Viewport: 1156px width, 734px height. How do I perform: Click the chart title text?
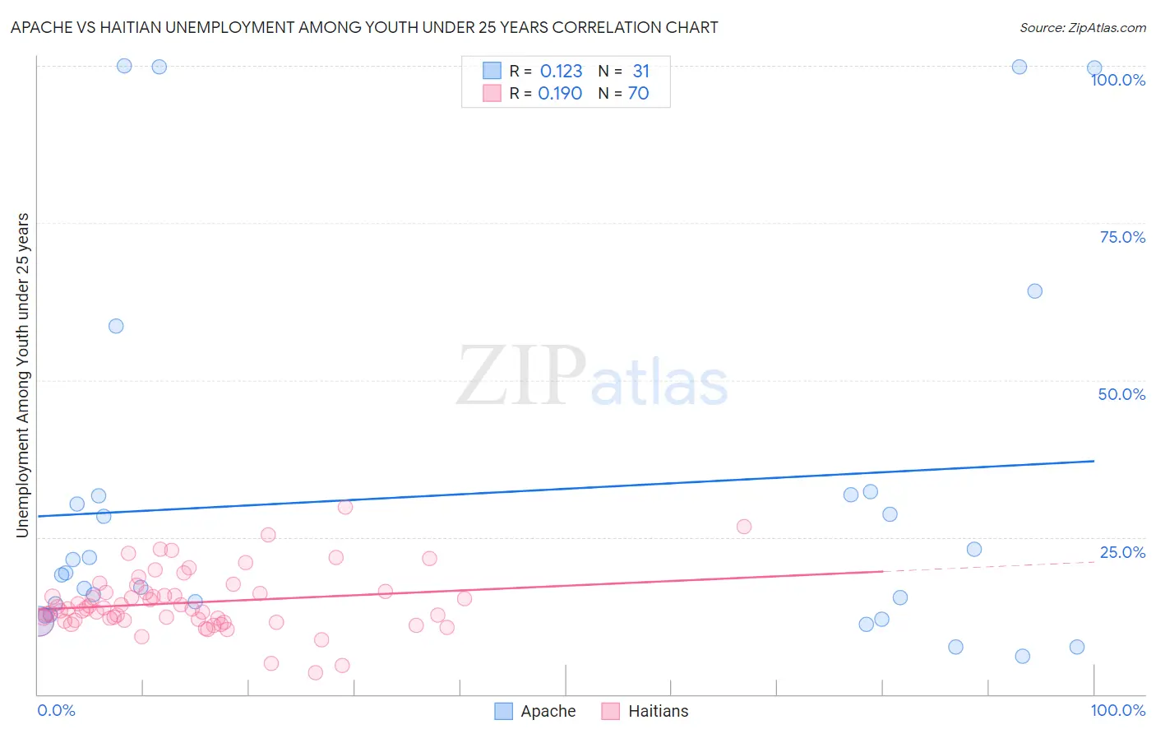(364, 27)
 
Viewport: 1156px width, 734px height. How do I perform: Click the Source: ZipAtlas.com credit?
(1082, 27)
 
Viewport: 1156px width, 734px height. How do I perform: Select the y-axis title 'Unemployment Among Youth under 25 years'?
(22, 375)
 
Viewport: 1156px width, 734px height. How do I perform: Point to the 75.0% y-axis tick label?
(1122, 237)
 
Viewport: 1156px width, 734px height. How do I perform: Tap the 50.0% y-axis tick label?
(1121, 394)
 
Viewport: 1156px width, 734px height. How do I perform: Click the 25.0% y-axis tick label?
(1122, 552)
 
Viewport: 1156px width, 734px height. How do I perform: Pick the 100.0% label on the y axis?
(1117, 80)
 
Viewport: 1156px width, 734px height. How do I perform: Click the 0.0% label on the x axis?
(56, 710)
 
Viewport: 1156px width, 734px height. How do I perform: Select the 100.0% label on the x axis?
(1117, 710)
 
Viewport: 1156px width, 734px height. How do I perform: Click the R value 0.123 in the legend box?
(561, 72)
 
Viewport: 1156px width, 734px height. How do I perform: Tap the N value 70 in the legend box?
(638, 94)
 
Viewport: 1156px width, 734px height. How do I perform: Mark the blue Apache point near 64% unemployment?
(1034, 291)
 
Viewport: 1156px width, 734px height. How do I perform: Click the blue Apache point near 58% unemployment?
(116, 326)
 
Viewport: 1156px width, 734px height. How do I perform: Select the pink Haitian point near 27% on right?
(744, 527)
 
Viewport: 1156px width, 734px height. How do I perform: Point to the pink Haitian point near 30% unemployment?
(345, 507)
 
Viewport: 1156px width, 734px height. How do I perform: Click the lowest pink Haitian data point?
(315, 673)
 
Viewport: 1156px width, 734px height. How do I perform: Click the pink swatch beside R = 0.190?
(492, 94)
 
